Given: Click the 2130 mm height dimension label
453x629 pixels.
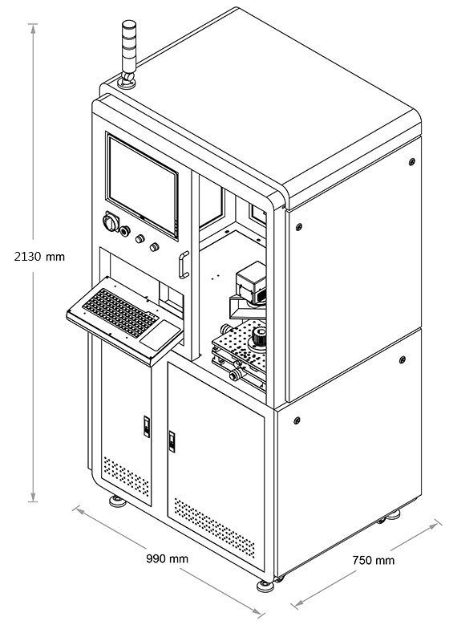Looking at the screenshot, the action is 39,257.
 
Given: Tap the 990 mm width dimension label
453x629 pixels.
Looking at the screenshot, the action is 167,558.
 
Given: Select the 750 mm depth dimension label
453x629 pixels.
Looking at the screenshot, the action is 374,560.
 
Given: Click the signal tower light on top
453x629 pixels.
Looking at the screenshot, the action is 128,55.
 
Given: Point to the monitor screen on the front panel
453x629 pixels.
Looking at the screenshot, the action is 143,185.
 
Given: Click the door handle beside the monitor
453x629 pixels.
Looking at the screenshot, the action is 183,265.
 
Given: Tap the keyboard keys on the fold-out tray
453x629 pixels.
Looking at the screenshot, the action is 119,313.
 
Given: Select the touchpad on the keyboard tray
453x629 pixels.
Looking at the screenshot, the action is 160,335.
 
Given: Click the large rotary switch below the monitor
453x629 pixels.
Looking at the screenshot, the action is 111,221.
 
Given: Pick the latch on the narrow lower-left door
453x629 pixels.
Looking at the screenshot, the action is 147,427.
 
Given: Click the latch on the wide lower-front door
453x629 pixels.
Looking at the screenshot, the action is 172,441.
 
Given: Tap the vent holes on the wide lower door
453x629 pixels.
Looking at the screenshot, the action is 215,528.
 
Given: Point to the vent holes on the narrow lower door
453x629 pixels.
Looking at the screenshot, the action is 127,477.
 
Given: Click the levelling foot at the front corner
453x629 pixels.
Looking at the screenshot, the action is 265,586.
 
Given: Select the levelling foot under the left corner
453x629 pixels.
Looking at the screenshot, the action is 117,501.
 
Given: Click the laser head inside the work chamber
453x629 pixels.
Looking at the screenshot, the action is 250,286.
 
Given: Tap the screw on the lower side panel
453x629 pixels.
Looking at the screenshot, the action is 297,420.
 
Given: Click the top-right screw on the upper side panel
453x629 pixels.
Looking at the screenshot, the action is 412,162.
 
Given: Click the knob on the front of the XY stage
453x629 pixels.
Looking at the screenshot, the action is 236,375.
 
